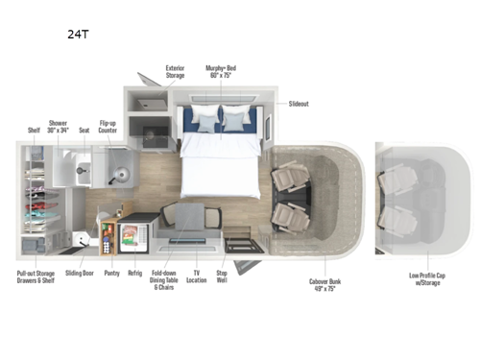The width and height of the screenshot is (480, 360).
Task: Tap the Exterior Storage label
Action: (x=175, y=72)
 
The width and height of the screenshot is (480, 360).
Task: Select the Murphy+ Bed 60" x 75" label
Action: (x=220, y=72)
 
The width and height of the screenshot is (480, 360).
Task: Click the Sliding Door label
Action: (x=79, y=273)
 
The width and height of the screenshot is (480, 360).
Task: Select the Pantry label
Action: (x=111, y=273)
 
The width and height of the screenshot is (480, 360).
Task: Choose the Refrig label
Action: (x=135, y=273)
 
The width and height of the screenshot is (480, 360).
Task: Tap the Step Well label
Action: (x=221, y=276)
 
